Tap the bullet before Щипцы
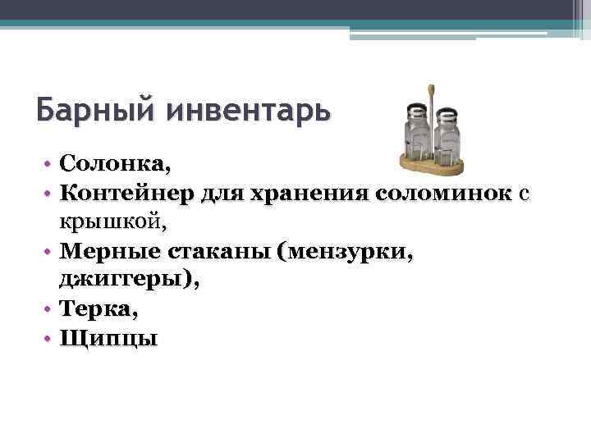pos(50,338)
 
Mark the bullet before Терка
pos(50,309)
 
